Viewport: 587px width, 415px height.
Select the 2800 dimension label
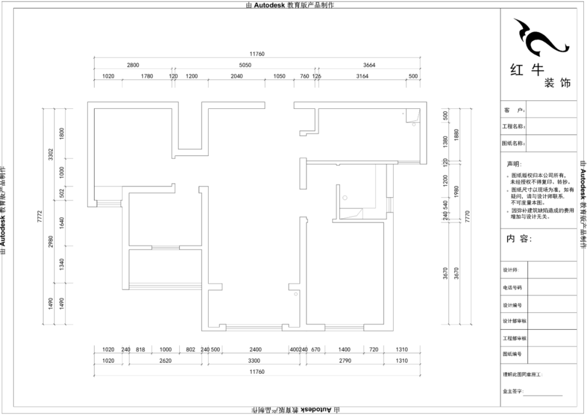[x=133, y=65]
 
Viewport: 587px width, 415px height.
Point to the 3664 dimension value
[x=369, y=65]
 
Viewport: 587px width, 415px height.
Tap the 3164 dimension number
[x=363, y=77]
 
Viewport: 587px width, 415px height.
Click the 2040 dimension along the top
[x=236, y=77]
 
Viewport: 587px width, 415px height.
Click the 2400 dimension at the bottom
[x=256, y=350]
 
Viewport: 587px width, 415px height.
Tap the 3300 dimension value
[x=254, y=361]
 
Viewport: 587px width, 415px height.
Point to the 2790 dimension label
[x=345, y=361]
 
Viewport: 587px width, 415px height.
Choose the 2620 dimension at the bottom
[x=165, y=361]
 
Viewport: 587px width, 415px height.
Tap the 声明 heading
[x=514, y=164]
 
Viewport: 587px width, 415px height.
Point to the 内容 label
[x=519, y=239]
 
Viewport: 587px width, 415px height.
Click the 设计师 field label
[x=511, y=270]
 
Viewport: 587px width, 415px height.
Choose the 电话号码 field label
[x=512, y=287]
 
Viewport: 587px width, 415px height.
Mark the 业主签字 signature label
[x=513, y=391]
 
